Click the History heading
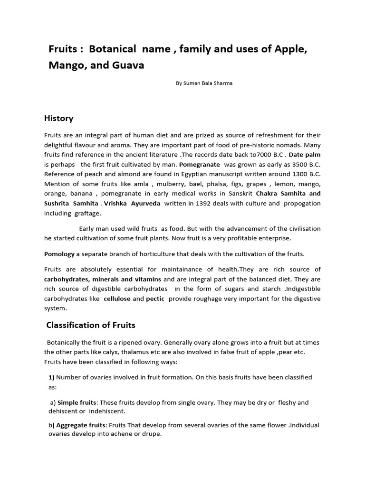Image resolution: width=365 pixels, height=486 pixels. (x=58, y=118)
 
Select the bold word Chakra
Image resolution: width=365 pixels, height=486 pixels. (x=269, y=194)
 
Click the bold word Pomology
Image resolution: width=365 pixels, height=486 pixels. (x=59, y=254)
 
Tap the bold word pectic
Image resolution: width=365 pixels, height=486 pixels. (x=155, y=299)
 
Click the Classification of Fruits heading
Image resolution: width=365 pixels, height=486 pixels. (x=91, y=325)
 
